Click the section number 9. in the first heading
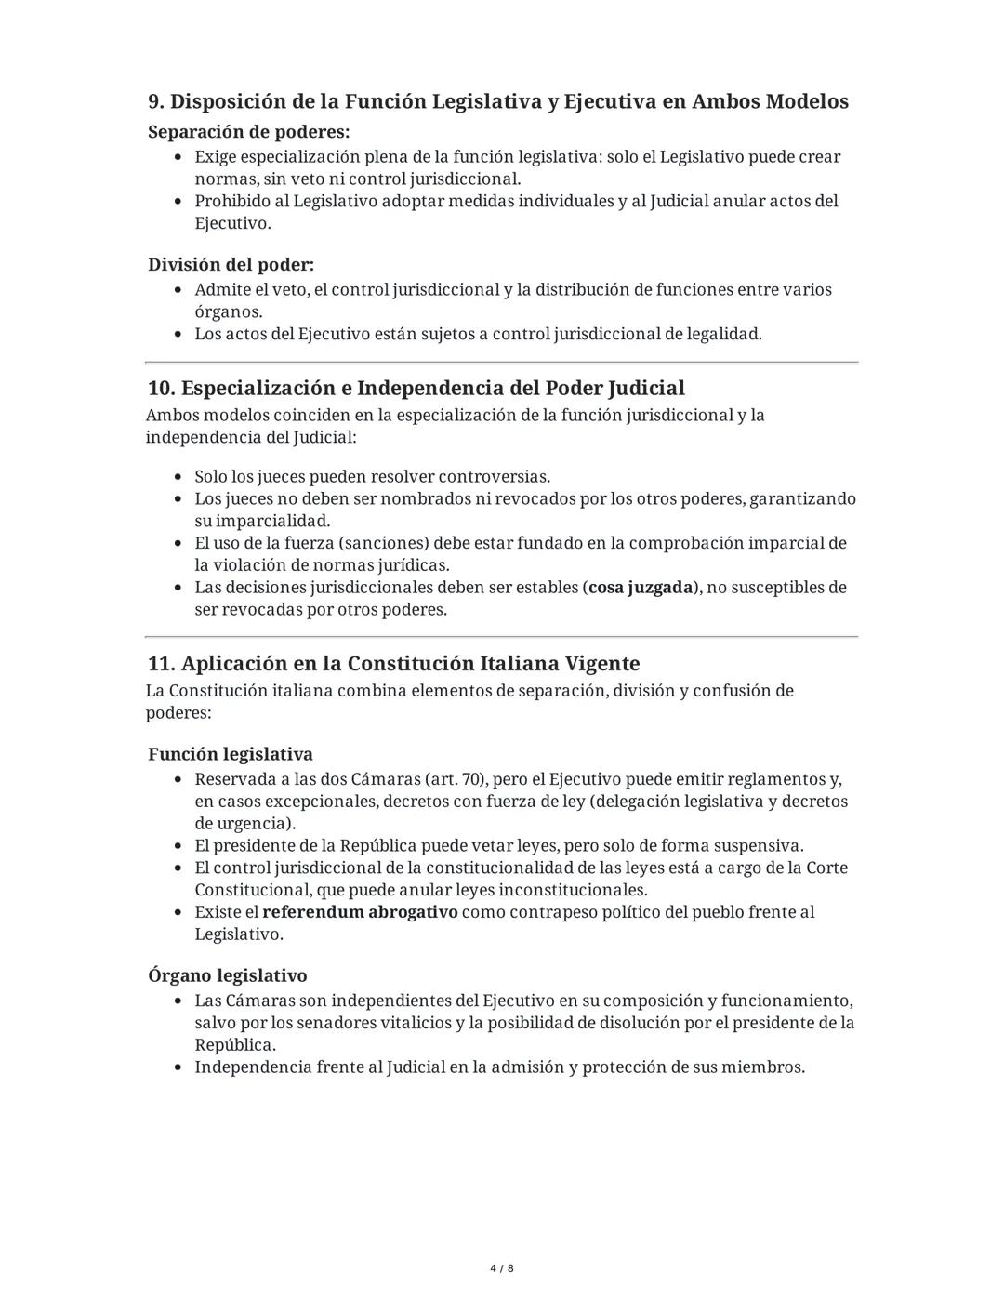coord(156,101)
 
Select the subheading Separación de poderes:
coord(248,131)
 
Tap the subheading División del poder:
coord(231,264)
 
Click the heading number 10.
coord(162,388)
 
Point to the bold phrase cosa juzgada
coord(641,588)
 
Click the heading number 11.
coord(161,664)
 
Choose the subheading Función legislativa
coord(230,754)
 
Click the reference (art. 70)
coord(456,779)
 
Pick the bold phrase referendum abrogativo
coord(360,912)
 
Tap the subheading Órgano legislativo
coord(227,975)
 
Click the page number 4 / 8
coord(502,1268)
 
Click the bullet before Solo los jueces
coord(178,477)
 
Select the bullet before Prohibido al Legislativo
coord(178,202)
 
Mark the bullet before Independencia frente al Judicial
coord(178,1067)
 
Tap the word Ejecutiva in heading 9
coord(609,101)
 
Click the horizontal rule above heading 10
coord(502,362)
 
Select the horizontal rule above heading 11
coord(502,637)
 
